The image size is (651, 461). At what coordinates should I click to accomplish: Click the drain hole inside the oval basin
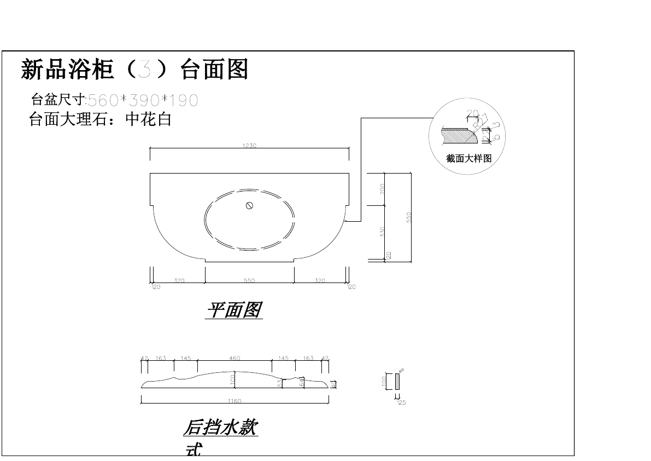(249, 206)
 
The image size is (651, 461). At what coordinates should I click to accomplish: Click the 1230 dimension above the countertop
(249, 146)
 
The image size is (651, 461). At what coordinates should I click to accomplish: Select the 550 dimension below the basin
(249, 281)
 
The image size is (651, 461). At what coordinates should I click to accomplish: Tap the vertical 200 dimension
(383, 189)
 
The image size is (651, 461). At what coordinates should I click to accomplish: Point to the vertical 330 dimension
(383, 232)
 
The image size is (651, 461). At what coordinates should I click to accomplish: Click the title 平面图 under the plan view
(234, 310)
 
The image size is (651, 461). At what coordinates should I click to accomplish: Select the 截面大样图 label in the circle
(469, 159)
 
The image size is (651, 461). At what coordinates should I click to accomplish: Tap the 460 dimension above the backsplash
(234, 359)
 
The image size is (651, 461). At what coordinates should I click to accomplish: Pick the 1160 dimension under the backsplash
(234, 401)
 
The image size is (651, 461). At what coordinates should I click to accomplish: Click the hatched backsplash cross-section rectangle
(397, 381)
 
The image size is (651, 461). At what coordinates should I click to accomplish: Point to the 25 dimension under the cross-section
(402, 402)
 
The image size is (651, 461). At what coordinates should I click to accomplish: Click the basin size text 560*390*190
(143, 100)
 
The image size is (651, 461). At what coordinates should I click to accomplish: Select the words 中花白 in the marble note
(149, 119)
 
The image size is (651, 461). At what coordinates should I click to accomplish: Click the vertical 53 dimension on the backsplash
(280, 383)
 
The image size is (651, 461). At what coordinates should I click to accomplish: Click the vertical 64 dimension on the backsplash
(301, 382)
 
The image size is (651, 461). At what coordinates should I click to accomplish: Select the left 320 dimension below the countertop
(179, 281)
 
